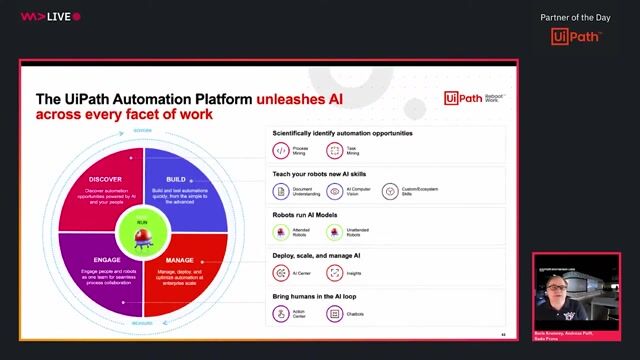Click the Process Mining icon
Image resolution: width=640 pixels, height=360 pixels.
click(281, 151)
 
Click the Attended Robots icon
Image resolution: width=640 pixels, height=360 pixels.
click(281, 233)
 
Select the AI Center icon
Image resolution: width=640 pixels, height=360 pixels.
click(281, 272)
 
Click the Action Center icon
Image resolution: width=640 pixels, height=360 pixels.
click(281, 314)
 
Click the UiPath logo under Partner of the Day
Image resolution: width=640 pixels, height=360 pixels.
click(575, 37)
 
